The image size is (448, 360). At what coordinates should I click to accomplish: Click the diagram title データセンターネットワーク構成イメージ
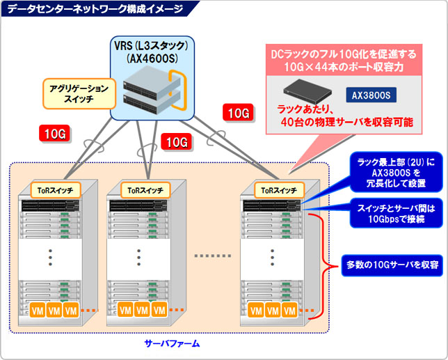click(x=95, y=8)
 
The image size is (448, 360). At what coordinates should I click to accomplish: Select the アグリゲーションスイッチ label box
click(x=79, y=94)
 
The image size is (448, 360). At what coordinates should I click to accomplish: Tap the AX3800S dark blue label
click(x=371, y=95)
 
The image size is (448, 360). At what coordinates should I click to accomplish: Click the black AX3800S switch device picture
click(x=307, y=91)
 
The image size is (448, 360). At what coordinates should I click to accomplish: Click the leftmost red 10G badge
click(x=54, y=133)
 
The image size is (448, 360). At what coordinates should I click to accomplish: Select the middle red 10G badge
click(x=176, y=142)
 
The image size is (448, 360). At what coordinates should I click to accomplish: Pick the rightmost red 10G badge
click(x=238, y=112)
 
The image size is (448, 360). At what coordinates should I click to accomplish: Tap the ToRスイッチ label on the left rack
click(x=56, y=190)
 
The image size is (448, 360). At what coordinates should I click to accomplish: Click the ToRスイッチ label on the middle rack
click(x=145, y=190)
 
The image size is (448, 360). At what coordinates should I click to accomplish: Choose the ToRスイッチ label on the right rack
click(x=279, y=190)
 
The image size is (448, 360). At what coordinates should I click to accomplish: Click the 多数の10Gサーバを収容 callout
click(x=392, y=265)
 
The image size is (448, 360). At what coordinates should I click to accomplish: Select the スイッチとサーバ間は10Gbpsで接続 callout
click(x=397, y=213)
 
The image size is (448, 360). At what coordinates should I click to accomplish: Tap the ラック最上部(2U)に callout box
click(x=397, y=173)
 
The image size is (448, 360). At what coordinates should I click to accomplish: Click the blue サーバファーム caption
click(x=172, y=343)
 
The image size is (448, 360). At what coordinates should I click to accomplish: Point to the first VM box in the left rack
click(x=38, y=311)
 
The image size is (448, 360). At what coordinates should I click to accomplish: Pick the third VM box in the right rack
click(x=289, y=311)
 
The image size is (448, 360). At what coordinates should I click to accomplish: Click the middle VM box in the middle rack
click(x=143, y=311)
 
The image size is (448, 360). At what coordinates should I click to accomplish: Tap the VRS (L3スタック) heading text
click(x=152, y=46)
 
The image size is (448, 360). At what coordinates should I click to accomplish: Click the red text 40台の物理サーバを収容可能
click(x=347, y=122)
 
